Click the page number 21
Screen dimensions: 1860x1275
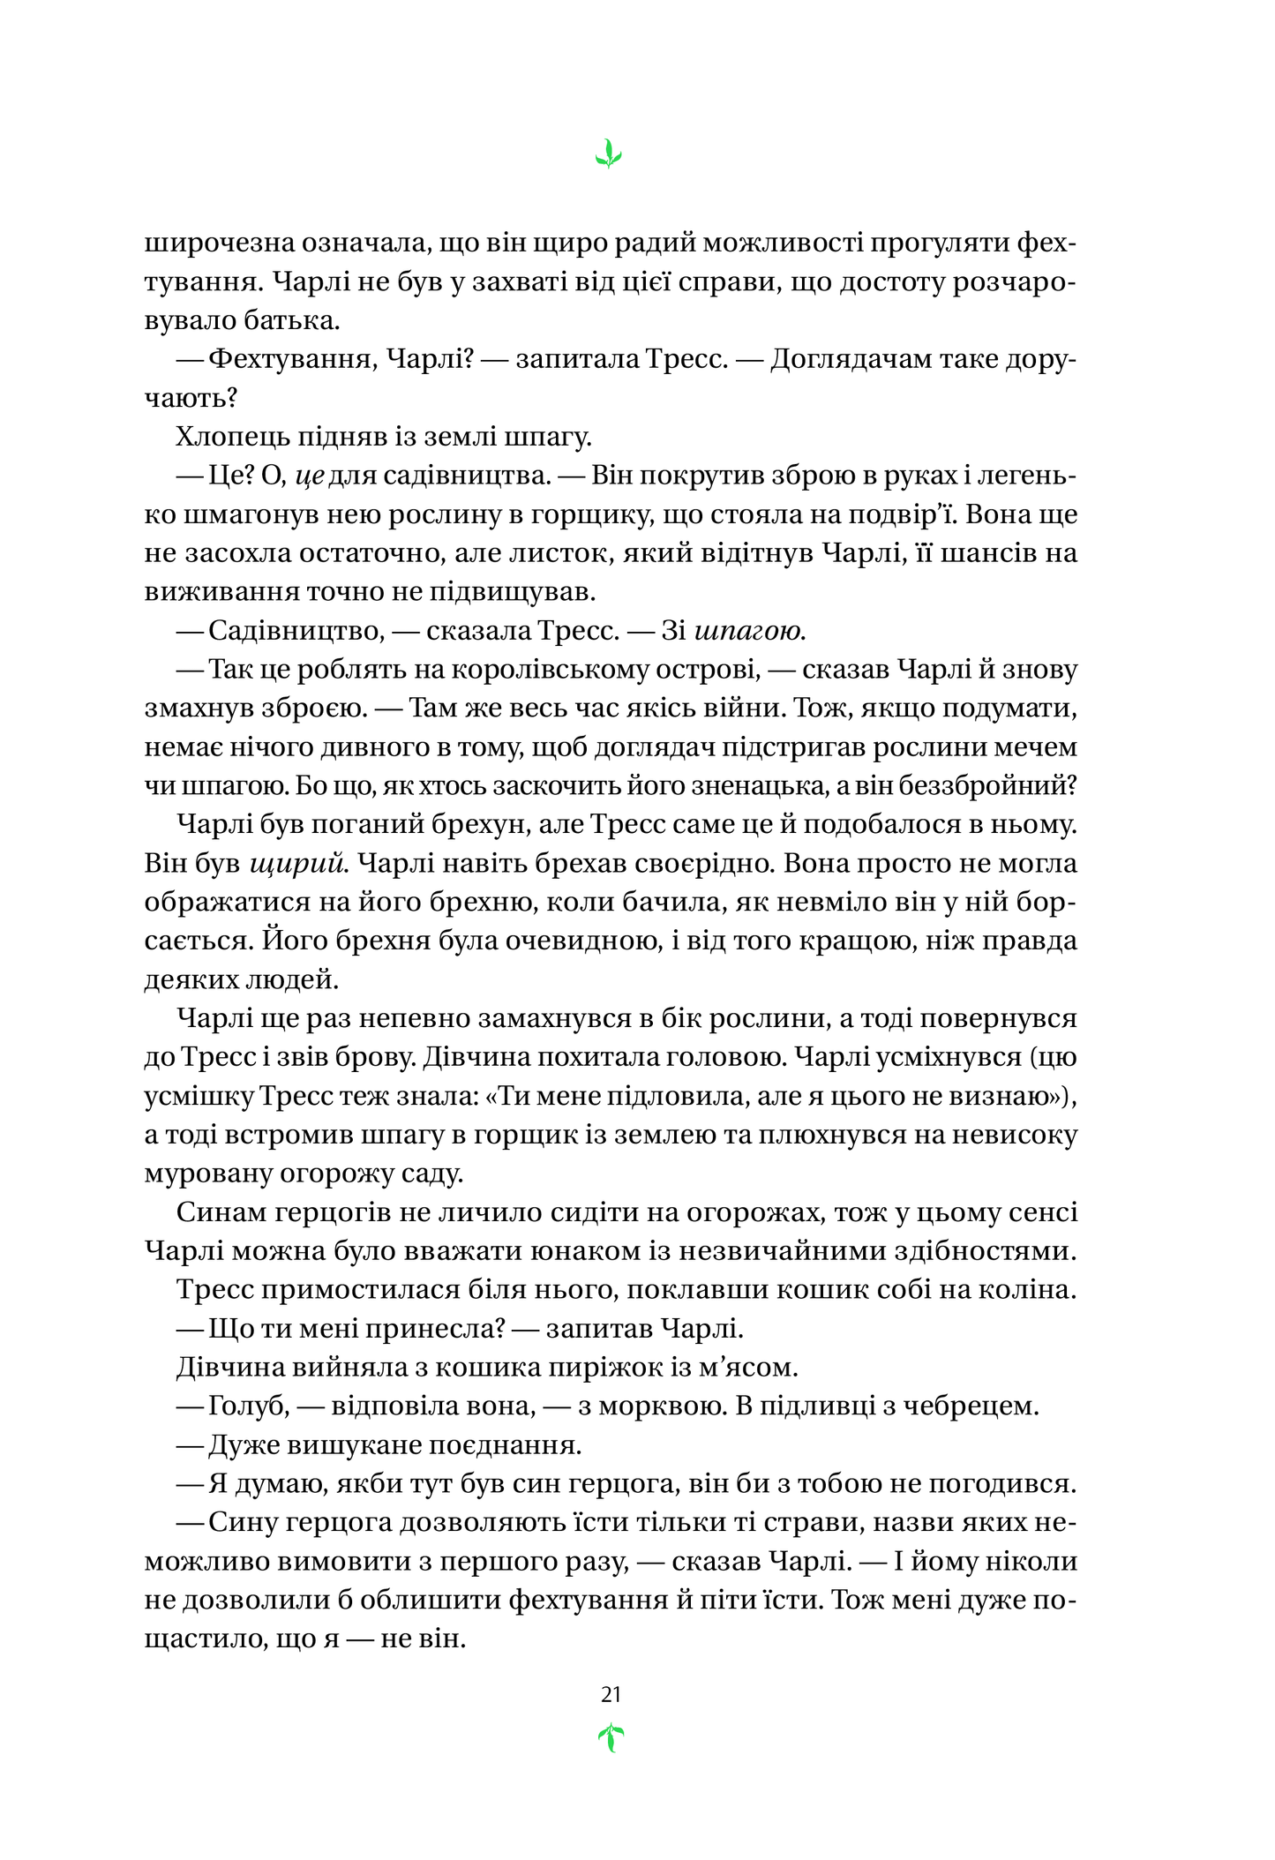click(x=611, y=1694)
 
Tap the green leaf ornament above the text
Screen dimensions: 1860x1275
click(x=608, y=154)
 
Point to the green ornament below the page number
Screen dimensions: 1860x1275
click(x=611, y=1738)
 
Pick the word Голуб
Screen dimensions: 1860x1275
click(x=248, y=1406)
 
